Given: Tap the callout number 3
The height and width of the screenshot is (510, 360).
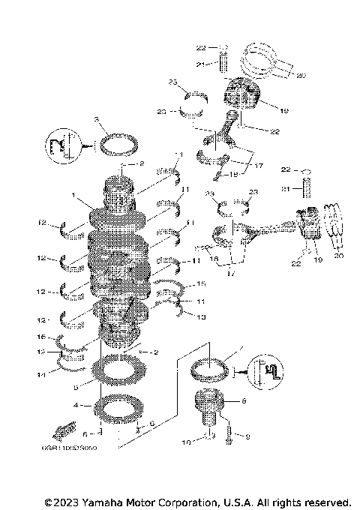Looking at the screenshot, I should pos(97,120).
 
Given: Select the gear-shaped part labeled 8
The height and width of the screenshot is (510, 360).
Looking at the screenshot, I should pos(205,407).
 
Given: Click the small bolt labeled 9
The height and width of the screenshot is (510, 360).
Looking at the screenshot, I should pos(227,435).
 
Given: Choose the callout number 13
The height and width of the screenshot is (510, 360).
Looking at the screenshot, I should pos(199,316).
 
